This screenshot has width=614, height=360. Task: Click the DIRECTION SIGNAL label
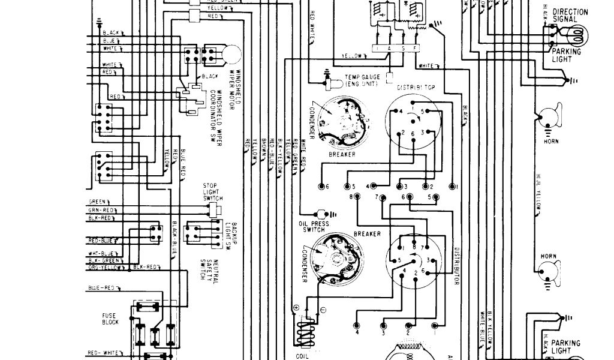click(570, 15)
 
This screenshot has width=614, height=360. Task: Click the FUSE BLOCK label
click(110, 318)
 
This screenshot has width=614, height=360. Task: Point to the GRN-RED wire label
click(101, 211)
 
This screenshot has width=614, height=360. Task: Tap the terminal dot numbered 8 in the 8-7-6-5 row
click(358, 197)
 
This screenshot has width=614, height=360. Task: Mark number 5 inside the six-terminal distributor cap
click(422, 112)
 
